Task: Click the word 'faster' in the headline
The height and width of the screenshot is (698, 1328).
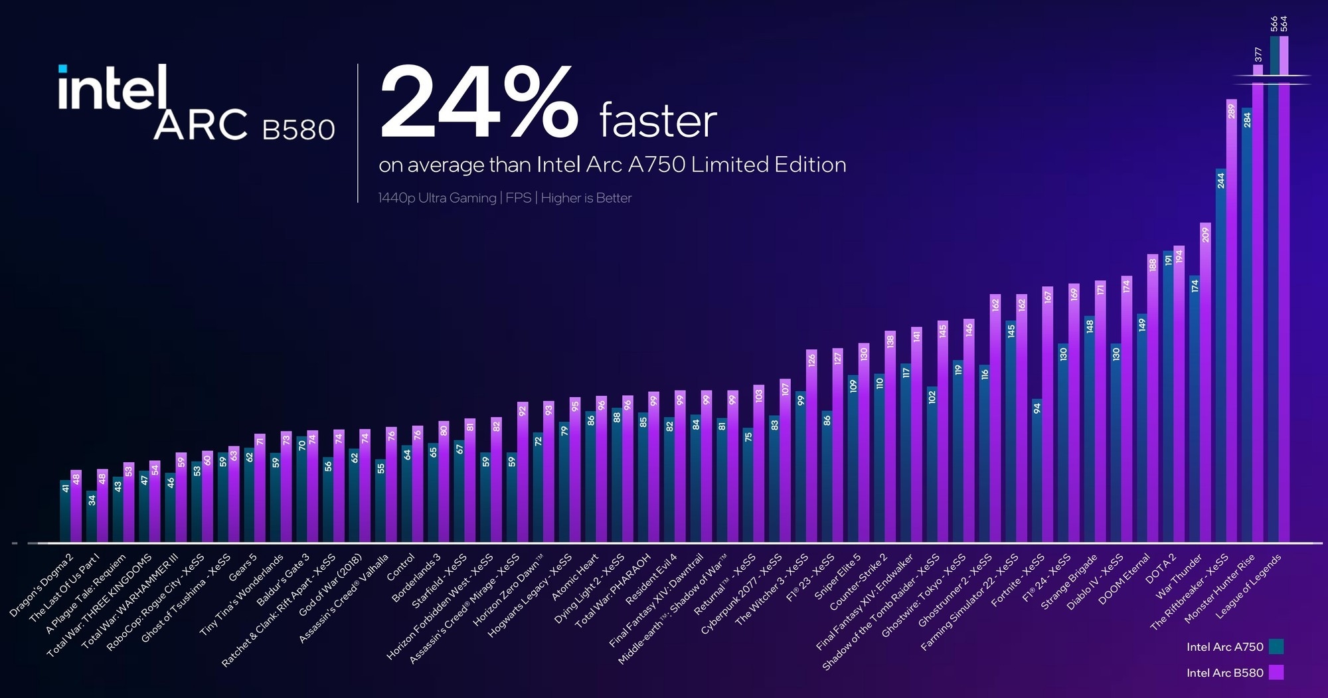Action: pos(658,121)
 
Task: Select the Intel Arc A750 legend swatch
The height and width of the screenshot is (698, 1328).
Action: pos(1276,647)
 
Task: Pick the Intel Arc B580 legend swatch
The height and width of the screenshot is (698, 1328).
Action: pos(1276,673)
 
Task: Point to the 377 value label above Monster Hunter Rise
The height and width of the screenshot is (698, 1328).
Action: pos(1258,54)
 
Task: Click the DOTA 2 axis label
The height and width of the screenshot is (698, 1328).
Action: pos(1161,568)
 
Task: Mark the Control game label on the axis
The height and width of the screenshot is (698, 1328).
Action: pos(401,568)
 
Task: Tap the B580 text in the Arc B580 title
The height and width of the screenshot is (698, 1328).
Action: pos(298,130)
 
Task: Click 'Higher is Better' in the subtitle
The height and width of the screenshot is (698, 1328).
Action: pos(586,198)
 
